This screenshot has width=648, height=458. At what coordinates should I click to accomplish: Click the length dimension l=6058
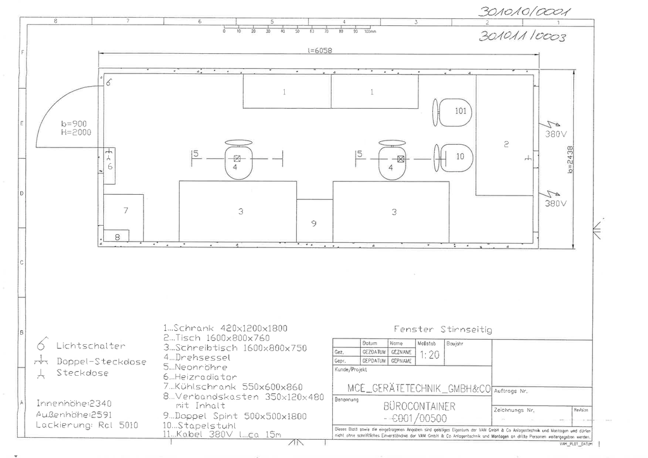[320, 51]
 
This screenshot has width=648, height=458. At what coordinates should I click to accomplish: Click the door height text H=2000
[76, 133]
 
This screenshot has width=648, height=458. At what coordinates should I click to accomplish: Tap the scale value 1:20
[430, 356]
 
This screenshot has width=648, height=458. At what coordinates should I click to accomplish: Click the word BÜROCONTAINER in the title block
[419, 405]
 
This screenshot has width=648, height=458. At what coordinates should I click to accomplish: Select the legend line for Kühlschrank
[233, 387]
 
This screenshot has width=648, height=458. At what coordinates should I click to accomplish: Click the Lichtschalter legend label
[90, 346]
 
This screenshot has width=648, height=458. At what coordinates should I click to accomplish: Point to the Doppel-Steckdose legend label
[101, 362]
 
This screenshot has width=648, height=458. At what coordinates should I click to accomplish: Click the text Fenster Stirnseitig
[442, 329]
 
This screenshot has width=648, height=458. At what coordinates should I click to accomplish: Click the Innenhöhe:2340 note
[74, 403]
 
